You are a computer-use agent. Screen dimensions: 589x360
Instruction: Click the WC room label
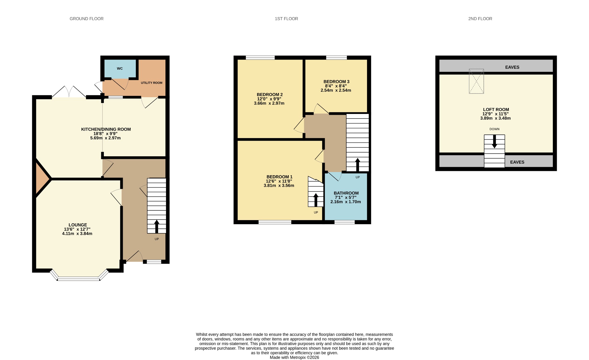(x=120, y=68)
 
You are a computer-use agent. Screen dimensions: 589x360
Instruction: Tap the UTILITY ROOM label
(x=152, y=83)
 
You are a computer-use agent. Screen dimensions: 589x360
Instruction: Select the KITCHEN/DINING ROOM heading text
(x=106, y=129)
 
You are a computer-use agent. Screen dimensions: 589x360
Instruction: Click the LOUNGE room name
(x=78, y=225)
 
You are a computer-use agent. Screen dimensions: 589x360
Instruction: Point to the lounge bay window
(x=79, y=276)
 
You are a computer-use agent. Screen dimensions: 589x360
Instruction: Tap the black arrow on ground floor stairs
(x=157, y=226)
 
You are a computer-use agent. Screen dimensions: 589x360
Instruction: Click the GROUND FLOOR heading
(x=87, y=19)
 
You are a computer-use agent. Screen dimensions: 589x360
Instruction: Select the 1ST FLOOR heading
(x=286, y=19)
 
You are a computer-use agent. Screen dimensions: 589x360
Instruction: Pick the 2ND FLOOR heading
(x=480, y=19)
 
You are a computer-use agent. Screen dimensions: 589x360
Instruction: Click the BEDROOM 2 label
(x=270, y=95)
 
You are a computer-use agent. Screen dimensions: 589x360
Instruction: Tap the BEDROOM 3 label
(x=336, y=82)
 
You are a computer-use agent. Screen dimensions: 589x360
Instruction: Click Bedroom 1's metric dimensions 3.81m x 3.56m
(x=279, y=186)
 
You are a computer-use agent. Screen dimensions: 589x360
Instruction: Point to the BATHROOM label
(x=346, y=193)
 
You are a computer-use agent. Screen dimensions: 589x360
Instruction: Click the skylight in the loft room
(x=476, y=81)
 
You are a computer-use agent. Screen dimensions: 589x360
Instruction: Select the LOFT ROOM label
(x=496, y=110)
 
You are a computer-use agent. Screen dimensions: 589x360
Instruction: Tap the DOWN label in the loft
(x=494, y=129)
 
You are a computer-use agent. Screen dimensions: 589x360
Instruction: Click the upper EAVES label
(x=512, y=67)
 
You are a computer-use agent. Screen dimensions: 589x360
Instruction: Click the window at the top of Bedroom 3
(x=336, y=58)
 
